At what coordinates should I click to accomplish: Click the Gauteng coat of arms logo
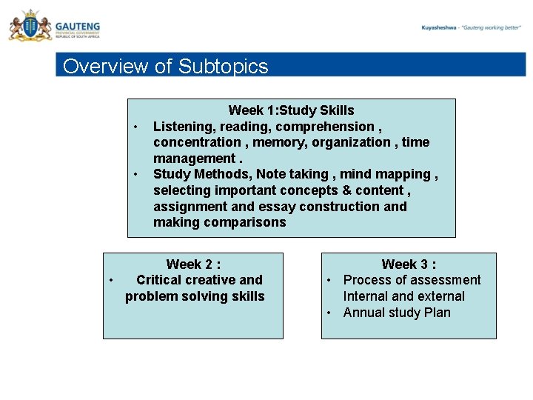[29, 27]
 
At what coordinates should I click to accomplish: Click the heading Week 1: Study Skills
[291, 110]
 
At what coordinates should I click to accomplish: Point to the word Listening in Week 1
[181, 127]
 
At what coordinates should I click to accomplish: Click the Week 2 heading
[193, 264]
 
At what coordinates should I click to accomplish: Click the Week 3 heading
[409, 264]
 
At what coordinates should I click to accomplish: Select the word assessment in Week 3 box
[446, 280]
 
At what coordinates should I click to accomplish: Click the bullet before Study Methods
[137, 175]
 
